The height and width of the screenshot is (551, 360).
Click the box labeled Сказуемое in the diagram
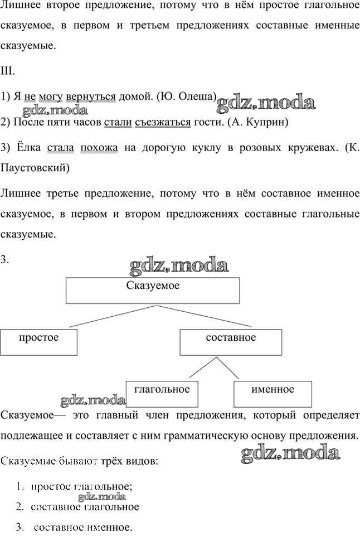point(153,291)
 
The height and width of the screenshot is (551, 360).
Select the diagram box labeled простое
point(38,342)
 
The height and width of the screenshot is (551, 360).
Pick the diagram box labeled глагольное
point(162,393)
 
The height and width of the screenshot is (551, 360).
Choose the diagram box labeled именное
point(272,394)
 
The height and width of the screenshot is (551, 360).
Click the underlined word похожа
point(99,148)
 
